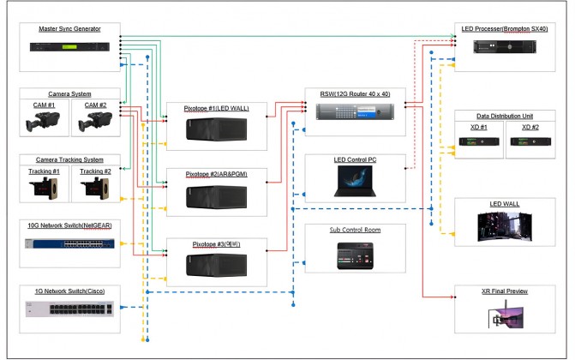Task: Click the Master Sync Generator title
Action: (69, 29)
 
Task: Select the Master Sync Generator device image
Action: (69, 46)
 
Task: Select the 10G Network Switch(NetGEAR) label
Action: (69, 225)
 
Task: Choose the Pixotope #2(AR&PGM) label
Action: (224, 173)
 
